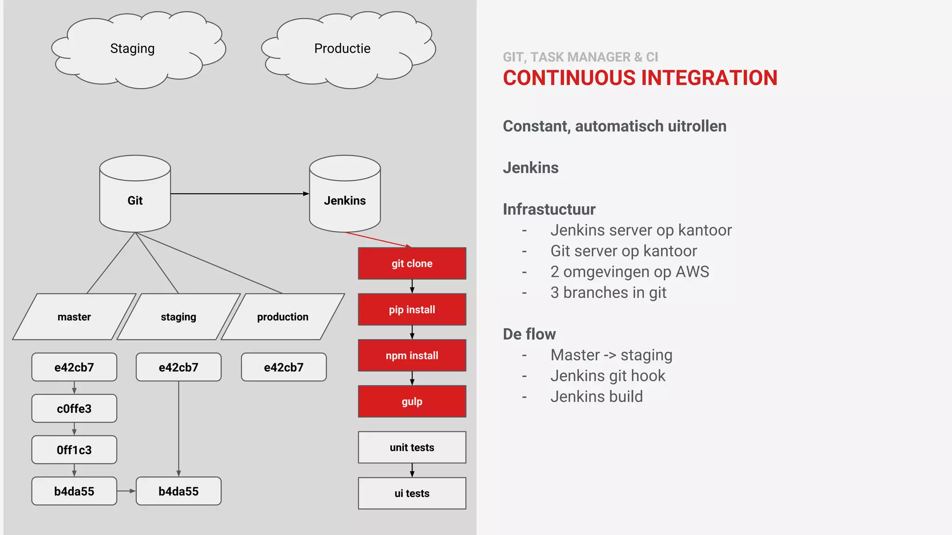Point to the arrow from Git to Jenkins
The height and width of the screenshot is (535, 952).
239,194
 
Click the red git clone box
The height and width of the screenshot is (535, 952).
412,263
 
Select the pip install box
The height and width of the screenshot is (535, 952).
412,309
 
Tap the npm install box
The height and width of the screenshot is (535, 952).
412,355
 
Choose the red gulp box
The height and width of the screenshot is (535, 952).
412,401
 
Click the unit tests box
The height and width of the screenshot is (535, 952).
412,447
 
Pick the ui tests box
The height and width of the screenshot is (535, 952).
412,493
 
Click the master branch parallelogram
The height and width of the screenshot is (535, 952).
74,317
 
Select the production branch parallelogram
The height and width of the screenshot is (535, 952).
283,317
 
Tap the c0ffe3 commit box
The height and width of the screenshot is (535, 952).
74,409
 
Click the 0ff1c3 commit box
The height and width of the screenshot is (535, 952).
74,450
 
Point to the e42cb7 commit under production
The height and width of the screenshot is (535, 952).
284,367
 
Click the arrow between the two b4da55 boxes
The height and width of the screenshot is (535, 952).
126,491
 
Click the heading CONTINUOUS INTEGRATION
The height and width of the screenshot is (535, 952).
640,78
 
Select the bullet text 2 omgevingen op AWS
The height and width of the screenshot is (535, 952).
629,272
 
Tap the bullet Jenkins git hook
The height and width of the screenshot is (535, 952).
608,376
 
